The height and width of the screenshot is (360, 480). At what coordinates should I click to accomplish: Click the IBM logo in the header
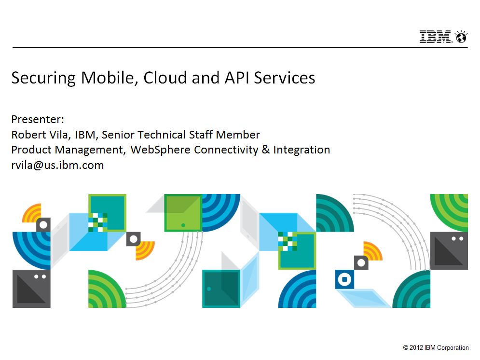[x=435, y=37]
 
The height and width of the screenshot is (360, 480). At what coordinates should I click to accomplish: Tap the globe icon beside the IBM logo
[x=461, y=37]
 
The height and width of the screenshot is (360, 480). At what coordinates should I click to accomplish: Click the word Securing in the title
[x=43, y=78]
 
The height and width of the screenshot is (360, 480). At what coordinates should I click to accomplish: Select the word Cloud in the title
[x=165, y=77]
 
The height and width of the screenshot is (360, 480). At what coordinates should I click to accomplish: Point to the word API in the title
[x=236, y=77]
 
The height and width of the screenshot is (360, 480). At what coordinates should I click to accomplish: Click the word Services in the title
[x=285, y=78]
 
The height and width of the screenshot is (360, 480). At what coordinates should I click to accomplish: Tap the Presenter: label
[x=38, y=119]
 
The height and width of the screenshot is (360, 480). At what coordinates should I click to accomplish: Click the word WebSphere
[x=161, y=150]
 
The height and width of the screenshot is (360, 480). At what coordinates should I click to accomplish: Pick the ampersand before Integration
[x=265, y=150]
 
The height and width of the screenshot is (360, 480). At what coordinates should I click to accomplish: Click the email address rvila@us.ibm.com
[x=57, y=165]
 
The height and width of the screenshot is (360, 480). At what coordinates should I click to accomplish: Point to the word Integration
[x=302, y=150]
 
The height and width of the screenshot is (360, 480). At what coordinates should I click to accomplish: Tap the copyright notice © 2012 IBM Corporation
[x=436, y=347]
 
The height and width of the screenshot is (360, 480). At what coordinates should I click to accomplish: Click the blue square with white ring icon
[x=344, y=279]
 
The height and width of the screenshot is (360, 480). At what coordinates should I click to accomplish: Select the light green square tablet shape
[x=183, y=213]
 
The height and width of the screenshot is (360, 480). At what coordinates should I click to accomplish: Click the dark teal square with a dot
[x=221, y=289]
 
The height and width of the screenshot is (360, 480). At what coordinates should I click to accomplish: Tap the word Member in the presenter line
[x=238, y=134]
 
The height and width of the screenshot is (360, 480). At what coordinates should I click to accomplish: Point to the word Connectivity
[x=226, y=150]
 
